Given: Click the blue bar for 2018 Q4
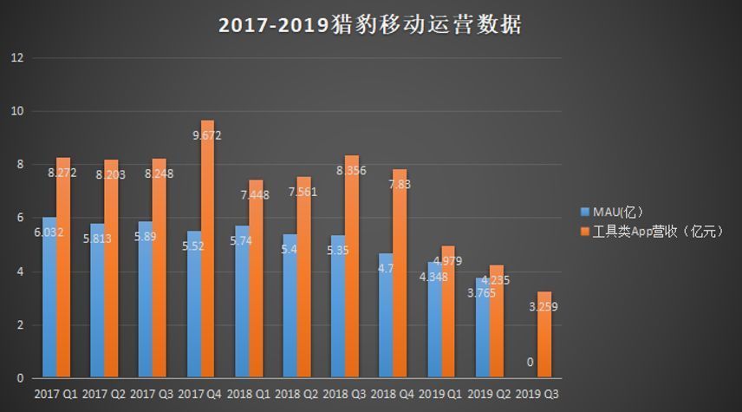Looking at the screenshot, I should point(386,321).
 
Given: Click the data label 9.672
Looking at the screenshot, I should point(207,135).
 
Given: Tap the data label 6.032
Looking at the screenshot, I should point(48,232).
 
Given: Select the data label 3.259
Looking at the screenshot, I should point(543,306).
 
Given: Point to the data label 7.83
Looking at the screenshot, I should point(400,185).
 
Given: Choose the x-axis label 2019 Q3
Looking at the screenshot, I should point(537,394).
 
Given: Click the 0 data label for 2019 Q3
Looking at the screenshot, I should point(530,363).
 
